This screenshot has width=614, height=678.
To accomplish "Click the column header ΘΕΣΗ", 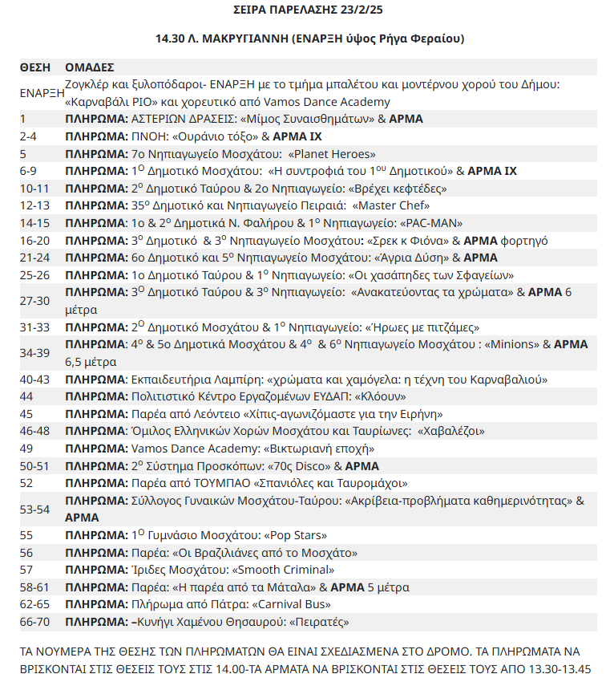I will [x=34, y=67].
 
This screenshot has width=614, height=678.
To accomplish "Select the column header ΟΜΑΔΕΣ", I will [x=90, y=67].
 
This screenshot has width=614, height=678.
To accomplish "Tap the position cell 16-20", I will [x=35, y=240].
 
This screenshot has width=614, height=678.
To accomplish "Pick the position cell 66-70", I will [x=35, y=622].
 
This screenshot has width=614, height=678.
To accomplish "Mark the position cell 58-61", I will [x=35, y=587].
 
